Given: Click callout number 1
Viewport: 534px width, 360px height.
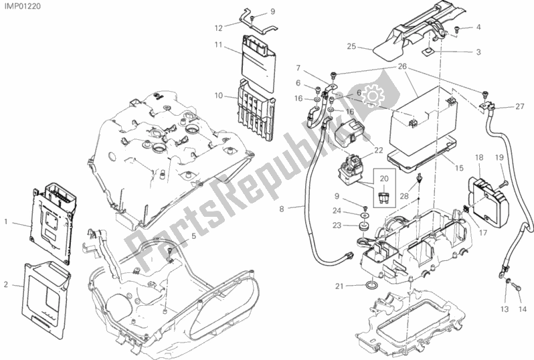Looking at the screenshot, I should (6, 220).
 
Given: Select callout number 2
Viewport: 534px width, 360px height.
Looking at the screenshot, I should (6, 284).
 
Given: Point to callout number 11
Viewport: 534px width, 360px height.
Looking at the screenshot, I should (218, 45).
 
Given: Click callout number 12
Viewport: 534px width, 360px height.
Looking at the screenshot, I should (218, 28).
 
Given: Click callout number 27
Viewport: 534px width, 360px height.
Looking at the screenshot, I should (520, 106).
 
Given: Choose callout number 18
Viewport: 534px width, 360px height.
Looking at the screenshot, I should (478, 157).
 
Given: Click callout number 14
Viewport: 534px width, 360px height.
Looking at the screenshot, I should (522, 309).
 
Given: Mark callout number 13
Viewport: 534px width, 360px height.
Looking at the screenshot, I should (504, 309).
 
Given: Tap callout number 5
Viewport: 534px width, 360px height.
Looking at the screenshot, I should (193, 236).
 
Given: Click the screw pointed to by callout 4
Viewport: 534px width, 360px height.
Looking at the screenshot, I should (456, 29).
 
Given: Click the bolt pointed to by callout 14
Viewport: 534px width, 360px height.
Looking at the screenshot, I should (517, 286).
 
